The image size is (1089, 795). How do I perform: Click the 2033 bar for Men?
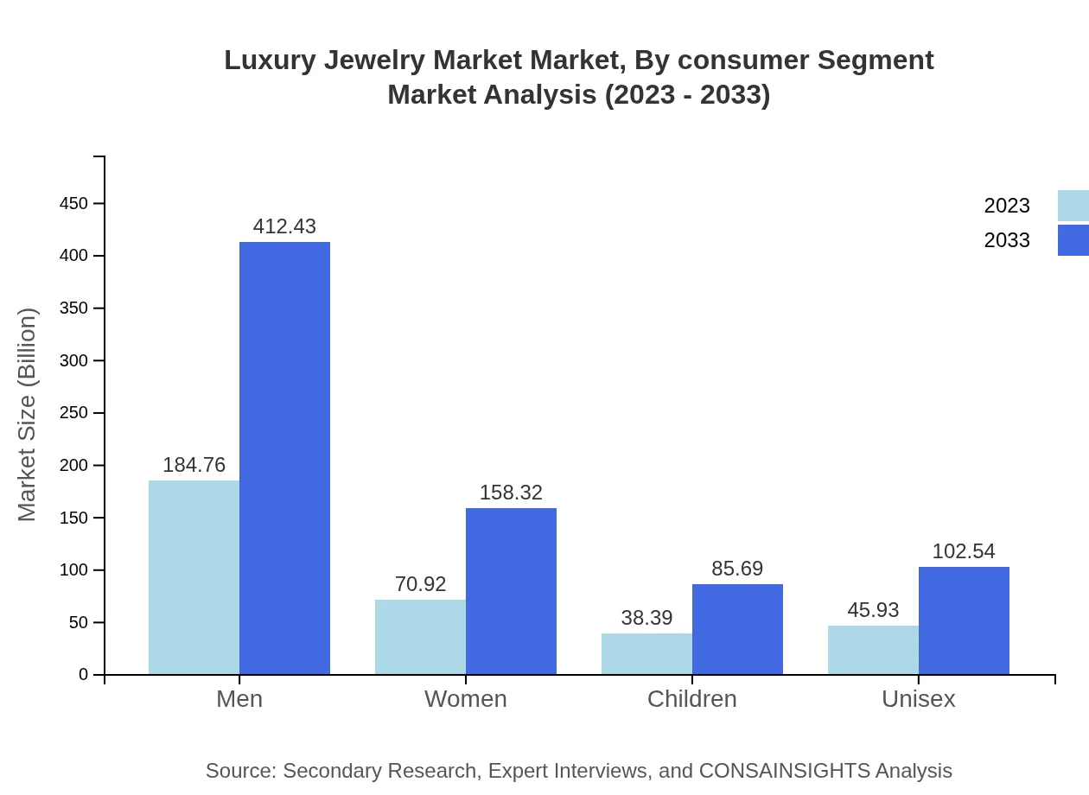point(284,458)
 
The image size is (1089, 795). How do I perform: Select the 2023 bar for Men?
point(194,577)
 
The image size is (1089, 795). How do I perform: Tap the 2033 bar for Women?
point(511,591)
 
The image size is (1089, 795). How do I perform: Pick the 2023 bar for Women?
point(420,637)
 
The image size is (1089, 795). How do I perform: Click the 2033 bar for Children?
point(737,629)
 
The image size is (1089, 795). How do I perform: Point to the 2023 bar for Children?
point(646,654)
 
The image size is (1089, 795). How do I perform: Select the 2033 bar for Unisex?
point(964,620)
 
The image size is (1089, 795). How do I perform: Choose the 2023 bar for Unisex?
point(873,650)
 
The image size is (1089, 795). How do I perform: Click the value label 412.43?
point(284,226)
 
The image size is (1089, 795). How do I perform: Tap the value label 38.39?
point(646,618)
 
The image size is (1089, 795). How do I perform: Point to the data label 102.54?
point(964,551)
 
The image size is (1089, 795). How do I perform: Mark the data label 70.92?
point(420,584)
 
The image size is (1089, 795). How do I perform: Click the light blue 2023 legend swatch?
point(1073,206)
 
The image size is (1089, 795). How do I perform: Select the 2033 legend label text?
point(1007,240)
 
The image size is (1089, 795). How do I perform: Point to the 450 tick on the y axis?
point(73,204)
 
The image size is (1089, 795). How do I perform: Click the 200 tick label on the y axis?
point(73,466)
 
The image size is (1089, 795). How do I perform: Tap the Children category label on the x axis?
point(691,699)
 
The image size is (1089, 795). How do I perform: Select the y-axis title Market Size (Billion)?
point(28,415)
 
